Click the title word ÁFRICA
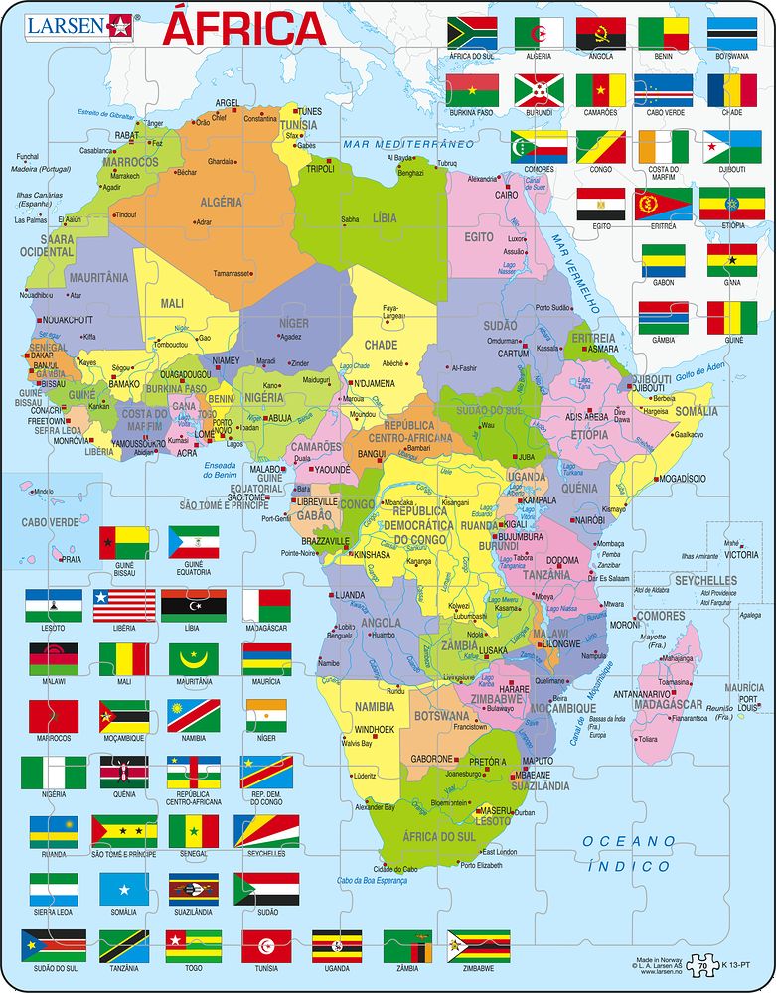click(243, 29)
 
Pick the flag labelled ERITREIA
click(663, 204)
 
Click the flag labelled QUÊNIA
click(124, 772)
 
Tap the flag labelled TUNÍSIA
click(265, 944)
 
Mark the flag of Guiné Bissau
click(124, 543)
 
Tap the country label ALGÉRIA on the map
click(221, 202)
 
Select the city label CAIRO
click(507, 195)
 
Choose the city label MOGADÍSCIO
click(681, 478)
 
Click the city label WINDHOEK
click(375, 729)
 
